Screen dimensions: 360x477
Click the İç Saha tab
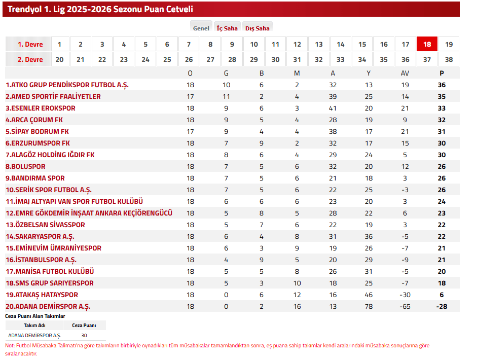(x=227, y=28)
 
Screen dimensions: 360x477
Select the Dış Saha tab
(x=257, y=28)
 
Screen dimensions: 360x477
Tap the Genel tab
(x=201, y=28)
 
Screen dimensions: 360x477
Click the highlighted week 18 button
(x=427, y=44)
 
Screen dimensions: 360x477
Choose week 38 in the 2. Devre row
(x=449, y=59)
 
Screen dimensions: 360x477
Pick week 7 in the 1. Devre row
(x=189, y=44)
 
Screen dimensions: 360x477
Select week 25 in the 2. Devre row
(x=167, y=59)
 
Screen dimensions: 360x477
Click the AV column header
(x=405, y=73)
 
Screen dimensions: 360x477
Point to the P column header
(x=442, y=73)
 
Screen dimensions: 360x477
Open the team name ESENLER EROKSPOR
(x=41, y=108)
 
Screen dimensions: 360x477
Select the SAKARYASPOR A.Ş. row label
(x=40, y=236)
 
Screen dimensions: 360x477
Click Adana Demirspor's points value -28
(x=442, y=306)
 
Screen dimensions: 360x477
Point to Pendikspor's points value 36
(x=442, y=85)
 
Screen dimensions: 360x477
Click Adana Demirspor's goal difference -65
(x=405, y=306)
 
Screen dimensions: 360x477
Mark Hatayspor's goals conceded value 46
(x=369, y=295)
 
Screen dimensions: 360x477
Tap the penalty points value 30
(x=84, y=335)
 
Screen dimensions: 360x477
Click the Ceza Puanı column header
(x=84, y=325)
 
